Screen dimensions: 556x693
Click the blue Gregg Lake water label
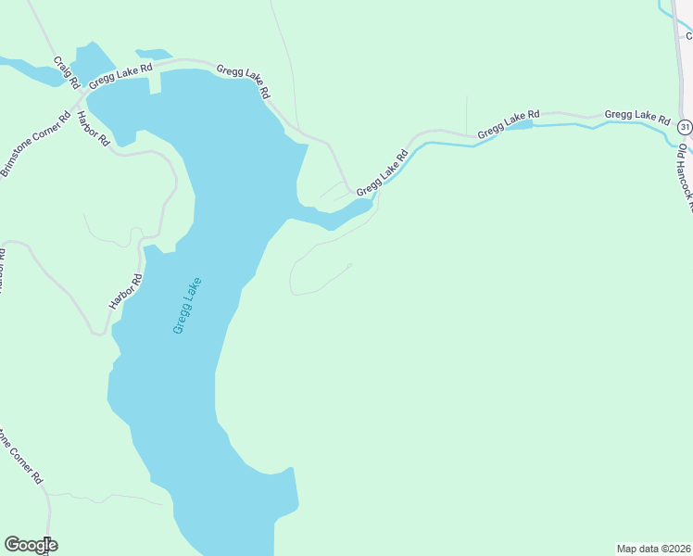186,306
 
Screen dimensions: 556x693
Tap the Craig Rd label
65,72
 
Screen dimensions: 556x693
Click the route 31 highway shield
684,126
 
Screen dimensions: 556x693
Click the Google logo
31,545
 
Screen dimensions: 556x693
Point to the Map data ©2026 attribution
653,548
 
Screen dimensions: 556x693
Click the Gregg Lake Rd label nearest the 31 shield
636,116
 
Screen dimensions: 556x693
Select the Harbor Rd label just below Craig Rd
94,129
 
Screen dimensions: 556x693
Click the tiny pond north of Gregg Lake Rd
153,54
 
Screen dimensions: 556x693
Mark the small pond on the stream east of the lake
520,125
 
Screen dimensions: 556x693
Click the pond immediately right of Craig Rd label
91,61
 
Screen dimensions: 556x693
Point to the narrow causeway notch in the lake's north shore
155,82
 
